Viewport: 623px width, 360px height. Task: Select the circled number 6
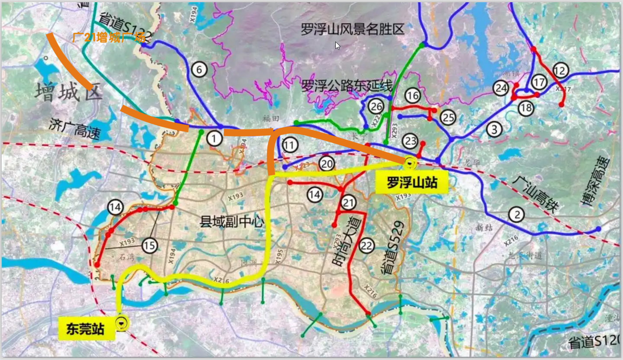click(199, 70)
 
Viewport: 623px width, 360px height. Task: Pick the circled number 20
click(327, 164)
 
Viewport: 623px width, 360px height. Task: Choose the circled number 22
click(366, 246)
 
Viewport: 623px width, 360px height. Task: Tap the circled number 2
click(517, 214)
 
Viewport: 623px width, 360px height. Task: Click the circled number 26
click(376, 106)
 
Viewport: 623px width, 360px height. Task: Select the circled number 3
click(494, 129)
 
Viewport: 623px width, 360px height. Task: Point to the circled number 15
click(149, 246)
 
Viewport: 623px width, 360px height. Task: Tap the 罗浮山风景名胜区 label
click(353, 29)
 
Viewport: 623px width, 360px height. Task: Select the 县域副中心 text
click(231, 222)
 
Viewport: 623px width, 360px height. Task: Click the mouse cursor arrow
click(337, 45)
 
